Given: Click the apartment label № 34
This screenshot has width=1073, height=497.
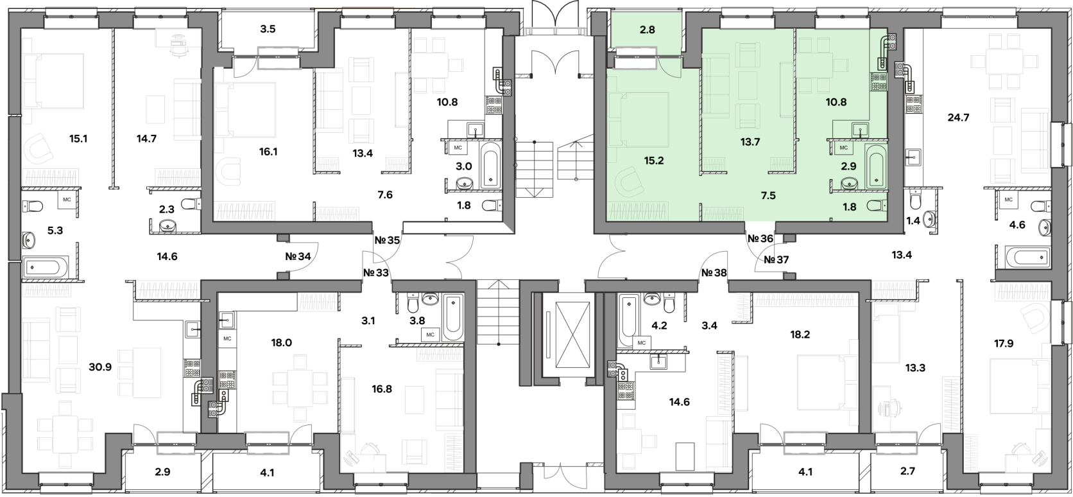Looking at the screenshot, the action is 298,256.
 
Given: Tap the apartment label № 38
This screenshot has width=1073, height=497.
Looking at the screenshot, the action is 714,273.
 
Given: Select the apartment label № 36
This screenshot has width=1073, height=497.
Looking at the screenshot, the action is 760,238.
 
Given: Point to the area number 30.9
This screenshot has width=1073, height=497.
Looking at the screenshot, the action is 100,367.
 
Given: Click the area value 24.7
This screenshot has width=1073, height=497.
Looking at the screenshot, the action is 959,118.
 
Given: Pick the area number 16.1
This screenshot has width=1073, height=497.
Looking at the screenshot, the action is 268,152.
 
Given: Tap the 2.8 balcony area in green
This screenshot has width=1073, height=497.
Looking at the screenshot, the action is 647,30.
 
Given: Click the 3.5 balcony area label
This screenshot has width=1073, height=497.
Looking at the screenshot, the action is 268,29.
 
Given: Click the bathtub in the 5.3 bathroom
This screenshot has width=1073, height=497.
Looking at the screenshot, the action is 46,267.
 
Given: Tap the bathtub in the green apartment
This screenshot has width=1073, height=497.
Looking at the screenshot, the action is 876,166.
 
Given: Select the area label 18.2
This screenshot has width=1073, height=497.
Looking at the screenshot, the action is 800,335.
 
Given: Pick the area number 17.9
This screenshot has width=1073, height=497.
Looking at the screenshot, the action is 1004,343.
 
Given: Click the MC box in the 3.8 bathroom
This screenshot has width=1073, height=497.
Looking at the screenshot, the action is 430,335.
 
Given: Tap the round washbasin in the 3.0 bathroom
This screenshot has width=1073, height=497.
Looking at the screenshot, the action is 463,183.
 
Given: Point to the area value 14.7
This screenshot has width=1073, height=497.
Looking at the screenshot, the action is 146,139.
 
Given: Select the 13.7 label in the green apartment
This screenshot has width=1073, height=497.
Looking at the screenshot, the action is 750,142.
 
